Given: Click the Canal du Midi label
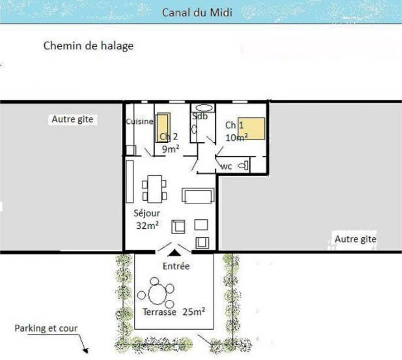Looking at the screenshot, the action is pyautogui.click(x=197, y=13).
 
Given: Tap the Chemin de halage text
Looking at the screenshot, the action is pyautogui.click(x=88, y=46).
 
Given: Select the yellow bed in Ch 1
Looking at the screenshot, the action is pyautogui.click(x=251, y=129).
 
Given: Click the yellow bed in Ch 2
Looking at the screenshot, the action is pyautogui.click(x=163, y=127).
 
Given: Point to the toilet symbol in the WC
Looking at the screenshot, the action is pyautogui.click(x=244, y=165).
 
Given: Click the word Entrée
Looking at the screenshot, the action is pyautogui.click(x=176, y=266).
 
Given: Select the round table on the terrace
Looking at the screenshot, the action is pyautogui.click(x=157, y=294).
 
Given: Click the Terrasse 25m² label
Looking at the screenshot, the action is pyautogui.click(x=174, y=312).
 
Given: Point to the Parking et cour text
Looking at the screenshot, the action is pyautogui.click(x=46, y=328).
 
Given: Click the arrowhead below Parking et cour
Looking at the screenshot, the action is pyautogui.click(x=85, y=350).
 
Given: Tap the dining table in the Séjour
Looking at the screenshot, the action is pyautogui.click(x=155, y=189).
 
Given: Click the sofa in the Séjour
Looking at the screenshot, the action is pyautogui.click(x=198, y=195).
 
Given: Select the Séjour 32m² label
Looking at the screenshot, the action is pyautogui.click(x=147, y=219).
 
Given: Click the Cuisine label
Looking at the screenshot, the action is pyautogui.click(x=139, y=121).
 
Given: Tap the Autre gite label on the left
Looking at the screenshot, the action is pyautogui.click(x=73, y=119).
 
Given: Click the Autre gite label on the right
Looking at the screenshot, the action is pyautogui.click(x=355, y=239).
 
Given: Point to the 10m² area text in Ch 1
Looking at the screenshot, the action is pyautogui.click(x=236, y=138).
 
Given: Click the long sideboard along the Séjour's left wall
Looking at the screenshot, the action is pyautogui.click(x=130, y=182).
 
